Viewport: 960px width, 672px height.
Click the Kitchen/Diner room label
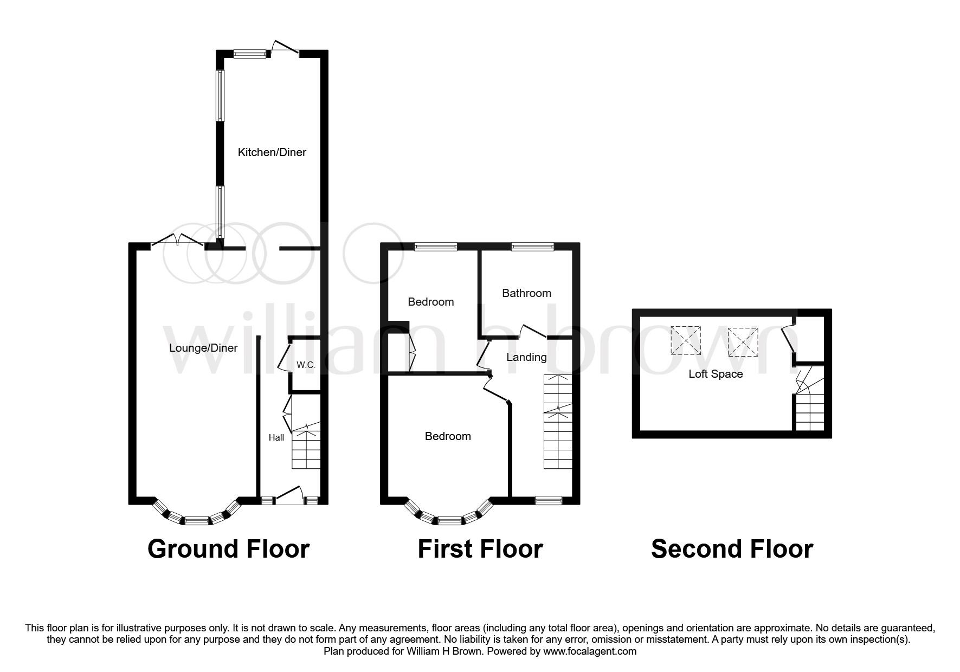[272, 152]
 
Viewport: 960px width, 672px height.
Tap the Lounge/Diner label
[203, 348]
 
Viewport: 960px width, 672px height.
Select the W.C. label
[306, 365]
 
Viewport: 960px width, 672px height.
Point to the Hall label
[276, 437]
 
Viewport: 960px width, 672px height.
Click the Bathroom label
[526, 293]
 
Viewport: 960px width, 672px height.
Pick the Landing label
[526, 357]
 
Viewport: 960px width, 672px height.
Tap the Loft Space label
[716, 374]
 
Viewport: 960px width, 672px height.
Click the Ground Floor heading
[228, 549]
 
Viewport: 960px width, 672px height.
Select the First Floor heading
[480, 549]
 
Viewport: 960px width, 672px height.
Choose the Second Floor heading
[732, 549]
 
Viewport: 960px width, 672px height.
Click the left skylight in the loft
[686, 340]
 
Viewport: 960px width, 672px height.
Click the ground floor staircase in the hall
[306, 445]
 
